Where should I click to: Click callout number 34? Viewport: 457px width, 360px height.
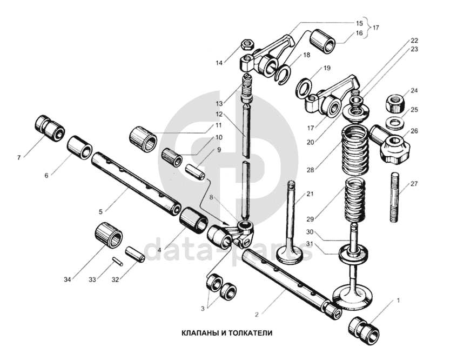[67, 279]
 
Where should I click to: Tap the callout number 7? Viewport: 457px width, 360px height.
[18, 158]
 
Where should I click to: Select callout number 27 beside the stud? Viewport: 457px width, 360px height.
[414, 184]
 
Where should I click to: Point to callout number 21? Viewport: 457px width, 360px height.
[310, 194]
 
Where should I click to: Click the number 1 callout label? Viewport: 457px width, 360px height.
[399, 299]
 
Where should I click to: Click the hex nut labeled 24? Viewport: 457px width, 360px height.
[396, 102]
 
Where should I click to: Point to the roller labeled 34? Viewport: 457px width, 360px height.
[109, 235]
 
